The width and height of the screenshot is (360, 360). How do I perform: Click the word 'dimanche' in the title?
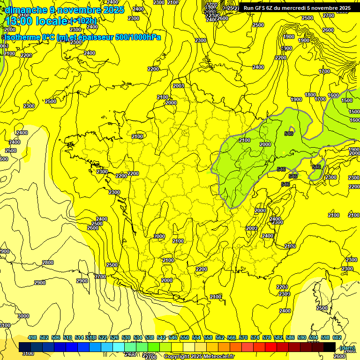pos(26,9)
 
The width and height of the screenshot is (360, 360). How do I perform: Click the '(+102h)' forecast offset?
pos(83,21)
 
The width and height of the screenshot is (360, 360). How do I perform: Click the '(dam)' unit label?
pos(346,348)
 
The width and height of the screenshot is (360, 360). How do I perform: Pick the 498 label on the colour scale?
pos(32,338)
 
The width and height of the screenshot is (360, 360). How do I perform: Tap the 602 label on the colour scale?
pos(337,338)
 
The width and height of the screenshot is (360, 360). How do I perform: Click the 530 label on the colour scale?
pos(126,338)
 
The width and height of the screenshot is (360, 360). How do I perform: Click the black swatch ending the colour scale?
pos(330,347)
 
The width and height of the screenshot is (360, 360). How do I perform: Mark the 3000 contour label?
pos(22,316)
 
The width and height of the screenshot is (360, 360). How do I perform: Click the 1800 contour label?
pos(310,95)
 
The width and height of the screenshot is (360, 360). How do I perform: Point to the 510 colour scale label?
pos(67,338)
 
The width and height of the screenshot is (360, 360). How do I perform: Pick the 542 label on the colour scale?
pos(161,338)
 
